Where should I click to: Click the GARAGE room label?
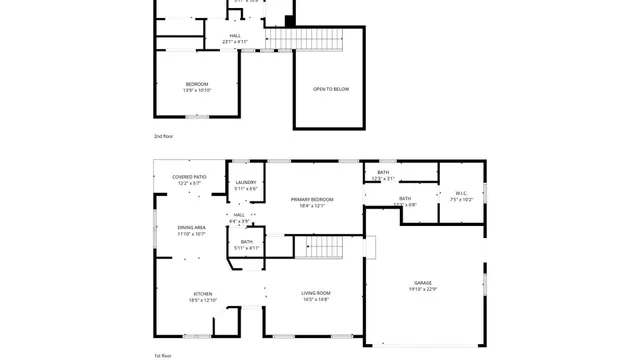click(423, 283)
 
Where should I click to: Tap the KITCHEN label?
click(203, 293)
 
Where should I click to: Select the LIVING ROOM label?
click(316, 293)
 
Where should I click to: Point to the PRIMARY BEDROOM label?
click(312, 200)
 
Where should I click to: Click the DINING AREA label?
click(192, 228)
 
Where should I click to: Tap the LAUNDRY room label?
click(246, 182)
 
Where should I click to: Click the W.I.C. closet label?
click(461, 193)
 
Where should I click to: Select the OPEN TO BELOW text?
click(331, 89)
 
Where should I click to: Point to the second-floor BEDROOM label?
click(197, 84)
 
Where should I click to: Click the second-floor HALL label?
click(235, 36)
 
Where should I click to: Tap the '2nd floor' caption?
click(163, 135)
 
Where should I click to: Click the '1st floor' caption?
click(163, 356)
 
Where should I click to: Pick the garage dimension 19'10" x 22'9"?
click(423, 290)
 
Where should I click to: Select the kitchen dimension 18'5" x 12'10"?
click(203, 300)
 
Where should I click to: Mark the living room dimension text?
click(316, 300)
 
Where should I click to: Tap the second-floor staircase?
click(297, 38)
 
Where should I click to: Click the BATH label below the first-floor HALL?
click(246, 241)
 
